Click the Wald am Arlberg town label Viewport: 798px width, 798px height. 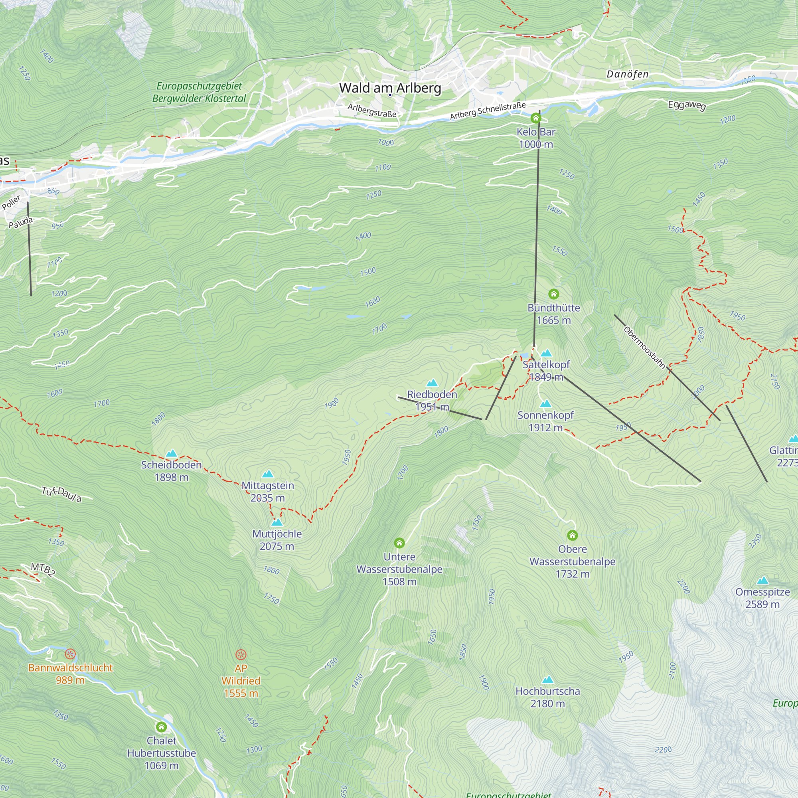pos(390,88)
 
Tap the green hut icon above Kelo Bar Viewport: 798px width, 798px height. pos(536,118)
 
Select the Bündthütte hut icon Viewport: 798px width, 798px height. pos(553,294)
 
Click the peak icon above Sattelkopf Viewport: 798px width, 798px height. pos(546,353)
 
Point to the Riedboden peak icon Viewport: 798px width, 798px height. pos(432,383)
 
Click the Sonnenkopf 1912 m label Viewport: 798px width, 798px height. pos(545,421)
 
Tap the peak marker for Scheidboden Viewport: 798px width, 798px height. pos(172,454)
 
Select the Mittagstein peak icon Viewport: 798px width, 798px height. pos(268,474)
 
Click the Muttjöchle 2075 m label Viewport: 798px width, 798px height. pos(277,540)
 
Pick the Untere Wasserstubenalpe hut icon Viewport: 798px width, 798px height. pos(399,542)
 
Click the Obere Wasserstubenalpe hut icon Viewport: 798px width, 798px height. pos(572,535)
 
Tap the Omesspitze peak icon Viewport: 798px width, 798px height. pos(762,580)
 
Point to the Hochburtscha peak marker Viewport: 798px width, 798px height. pos(547,679)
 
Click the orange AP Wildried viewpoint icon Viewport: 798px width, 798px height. pos(241,654)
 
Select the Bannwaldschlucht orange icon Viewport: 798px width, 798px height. pos(70,654)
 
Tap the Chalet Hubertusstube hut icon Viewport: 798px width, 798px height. pos(161,727)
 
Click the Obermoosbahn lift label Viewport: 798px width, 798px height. pos(644,348)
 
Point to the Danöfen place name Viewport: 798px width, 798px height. pos(627,74)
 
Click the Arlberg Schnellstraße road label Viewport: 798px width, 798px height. pos(488,111)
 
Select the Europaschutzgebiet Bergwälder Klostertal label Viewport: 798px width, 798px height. pos(199,92)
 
